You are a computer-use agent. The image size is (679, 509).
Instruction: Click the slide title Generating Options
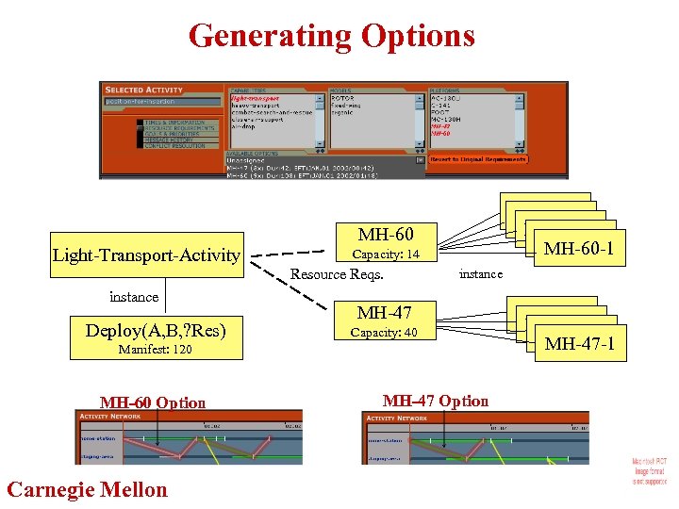tap(332, 36)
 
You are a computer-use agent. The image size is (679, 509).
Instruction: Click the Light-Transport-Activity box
tap(146, 254)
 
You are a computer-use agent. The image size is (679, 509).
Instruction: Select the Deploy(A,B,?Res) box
tap(157, 330)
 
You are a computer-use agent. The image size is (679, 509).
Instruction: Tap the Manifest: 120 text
tap(155, 350)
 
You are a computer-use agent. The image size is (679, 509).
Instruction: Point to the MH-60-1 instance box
tap(578, 249)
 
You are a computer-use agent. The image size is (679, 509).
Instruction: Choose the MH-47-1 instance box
tap(579, 344)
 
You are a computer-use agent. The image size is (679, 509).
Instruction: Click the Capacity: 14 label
tap(385, 254)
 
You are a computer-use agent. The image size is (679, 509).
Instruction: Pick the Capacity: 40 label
tap(384, 332)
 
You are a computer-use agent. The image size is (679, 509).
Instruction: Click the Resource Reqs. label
tap(337, 274)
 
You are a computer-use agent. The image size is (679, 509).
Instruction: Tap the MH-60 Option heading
tap(153, 402)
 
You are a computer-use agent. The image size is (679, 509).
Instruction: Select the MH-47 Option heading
tap(436, 401)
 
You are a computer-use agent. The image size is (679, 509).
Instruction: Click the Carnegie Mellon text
tap(87, 489)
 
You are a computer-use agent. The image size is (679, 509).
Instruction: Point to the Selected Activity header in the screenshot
tap(144, 90)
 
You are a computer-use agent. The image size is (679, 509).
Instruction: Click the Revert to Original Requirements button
tap(478, 159)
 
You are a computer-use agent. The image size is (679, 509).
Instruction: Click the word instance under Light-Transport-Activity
tap(134, 296)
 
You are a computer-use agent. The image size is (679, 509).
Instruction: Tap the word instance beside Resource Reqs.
tap(480, 273)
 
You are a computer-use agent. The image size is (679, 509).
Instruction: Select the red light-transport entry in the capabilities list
tap(255, 98)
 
